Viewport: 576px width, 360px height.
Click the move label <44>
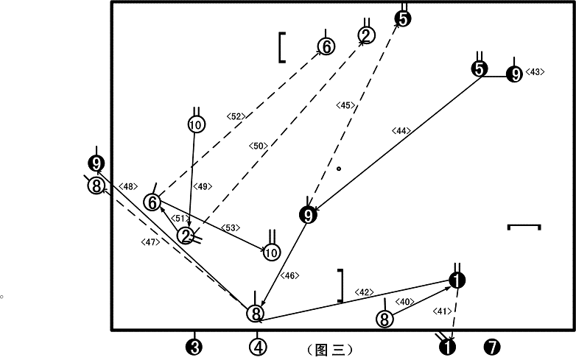401,130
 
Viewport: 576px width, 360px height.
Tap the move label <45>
345,106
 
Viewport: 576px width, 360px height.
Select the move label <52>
236,117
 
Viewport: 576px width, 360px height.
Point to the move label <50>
259,146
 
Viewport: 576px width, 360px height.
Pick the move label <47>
150,242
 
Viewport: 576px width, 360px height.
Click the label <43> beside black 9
535,72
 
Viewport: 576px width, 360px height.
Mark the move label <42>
364,292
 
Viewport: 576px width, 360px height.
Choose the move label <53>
231,228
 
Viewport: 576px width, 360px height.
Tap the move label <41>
442,311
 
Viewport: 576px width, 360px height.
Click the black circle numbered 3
194,347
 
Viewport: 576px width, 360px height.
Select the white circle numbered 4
258,347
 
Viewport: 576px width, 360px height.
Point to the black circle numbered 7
492,347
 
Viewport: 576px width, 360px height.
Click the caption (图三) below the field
329,350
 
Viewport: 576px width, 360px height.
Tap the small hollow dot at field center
339,169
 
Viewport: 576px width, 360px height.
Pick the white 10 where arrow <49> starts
196,124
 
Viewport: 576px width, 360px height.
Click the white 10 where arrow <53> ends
272,253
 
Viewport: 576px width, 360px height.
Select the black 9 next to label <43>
514,74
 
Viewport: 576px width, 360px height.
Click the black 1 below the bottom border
448,347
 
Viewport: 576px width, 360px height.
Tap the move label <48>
128,186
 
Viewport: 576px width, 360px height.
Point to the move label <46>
289,275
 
